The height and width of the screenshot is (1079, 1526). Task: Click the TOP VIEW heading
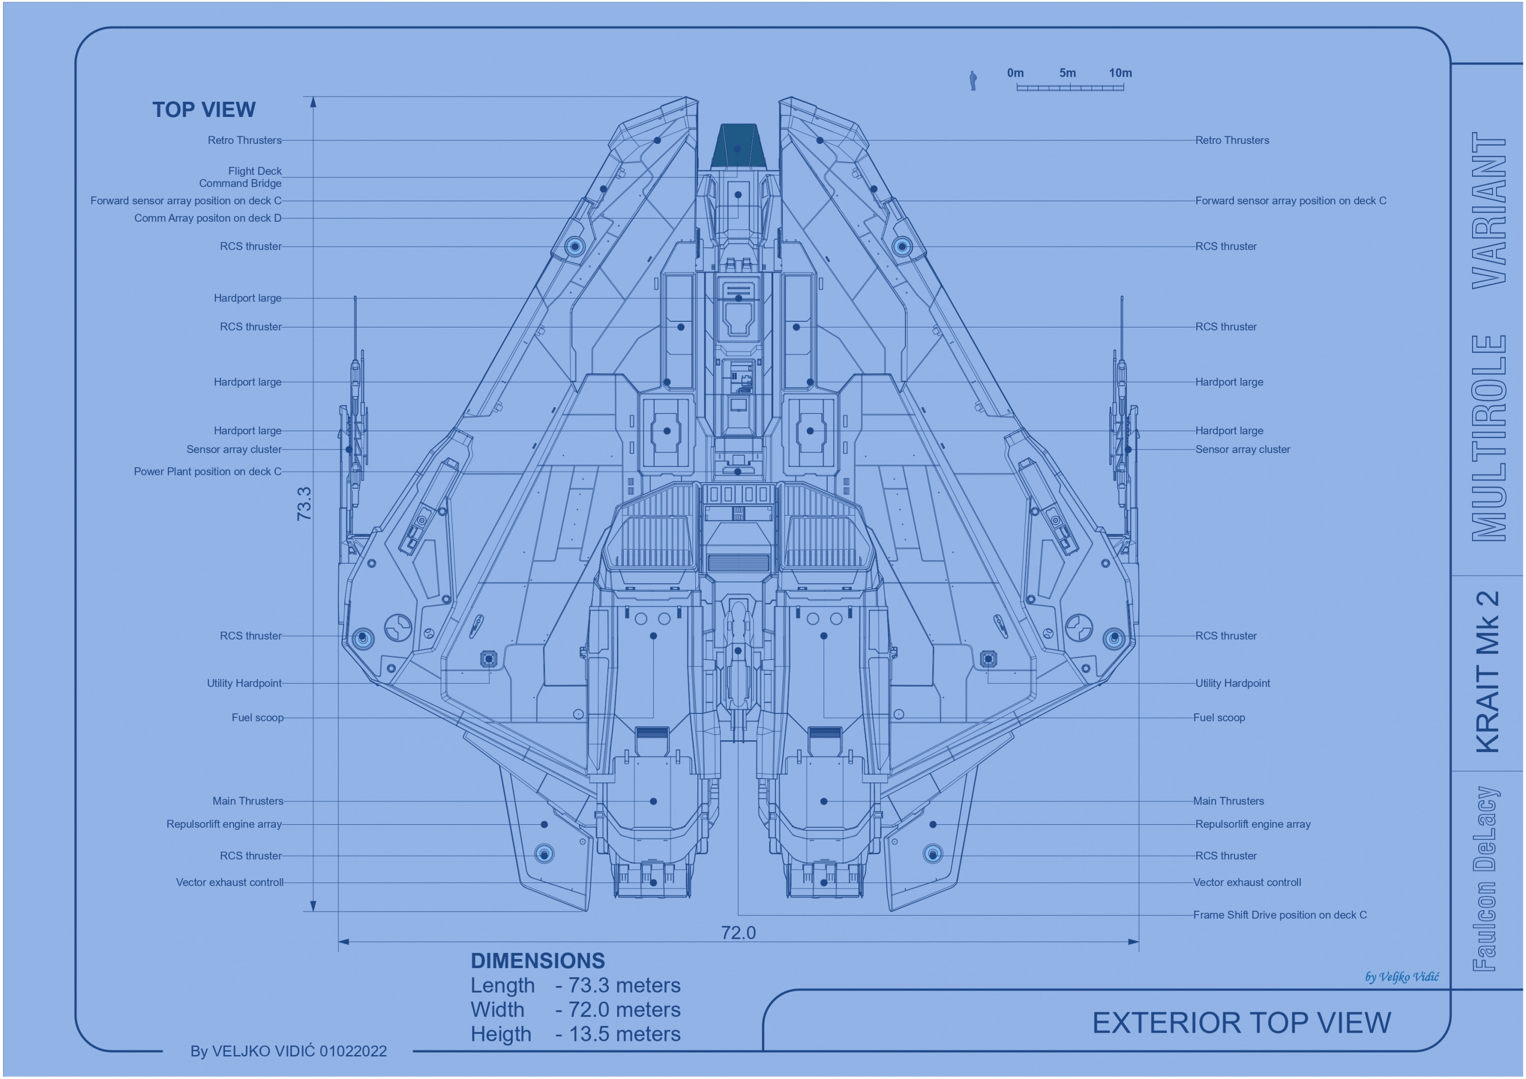tap(203, 110)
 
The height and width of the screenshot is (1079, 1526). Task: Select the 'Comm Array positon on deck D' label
tap(208, 218)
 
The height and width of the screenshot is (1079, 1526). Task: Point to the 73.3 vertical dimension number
tap(304, 503)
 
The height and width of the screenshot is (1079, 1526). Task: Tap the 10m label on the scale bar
tap(1120, 73)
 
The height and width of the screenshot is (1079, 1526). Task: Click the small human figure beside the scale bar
tap(973, 80)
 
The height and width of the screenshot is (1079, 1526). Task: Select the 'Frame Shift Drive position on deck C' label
tap(1279, 915)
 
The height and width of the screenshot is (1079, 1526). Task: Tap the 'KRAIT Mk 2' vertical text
tap(1487, 671)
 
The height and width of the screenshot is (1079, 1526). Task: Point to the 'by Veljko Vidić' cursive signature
tap(1402, 977)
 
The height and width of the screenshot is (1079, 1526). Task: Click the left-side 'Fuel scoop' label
tap(257, 717)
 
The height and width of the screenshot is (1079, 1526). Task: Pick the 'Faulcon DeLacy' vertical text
tap(1486, 878)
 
